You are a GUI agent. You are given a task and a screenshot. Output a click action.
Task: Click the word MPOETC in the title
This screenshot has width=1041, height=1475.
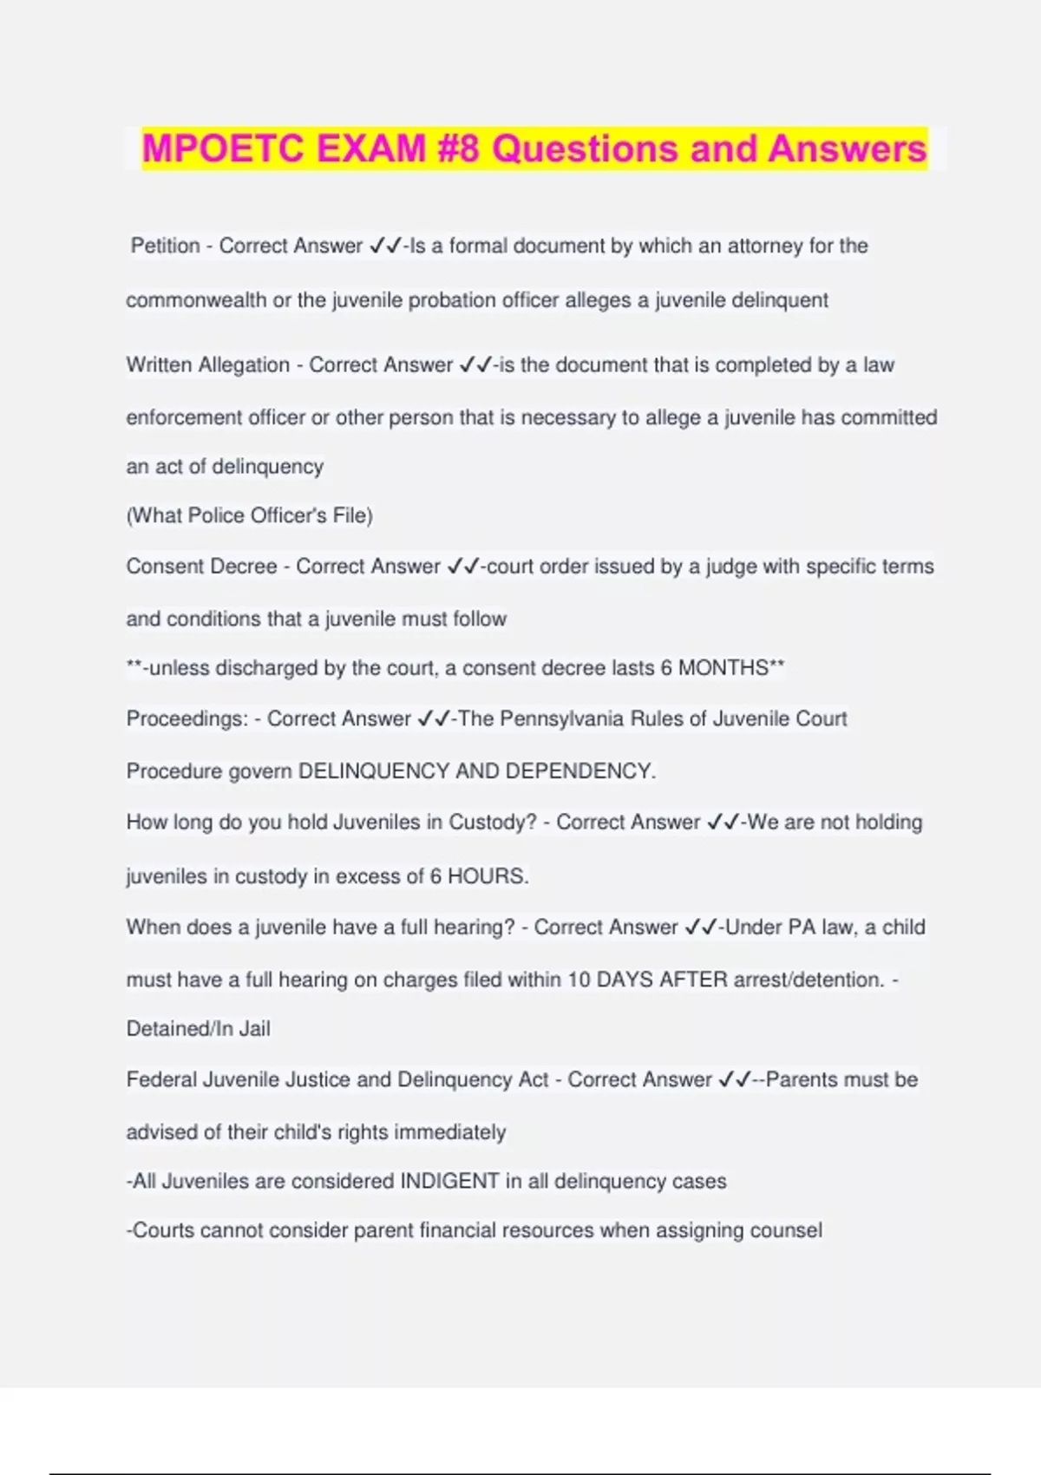tap(223, 148)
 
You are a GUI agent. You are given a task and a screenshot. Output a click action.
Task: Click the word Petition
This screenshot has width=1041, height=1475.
tap(166, 246)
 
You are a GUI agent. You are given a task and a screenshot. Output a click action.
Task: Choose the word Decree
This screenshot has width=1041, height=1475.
tap(244, 567)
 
